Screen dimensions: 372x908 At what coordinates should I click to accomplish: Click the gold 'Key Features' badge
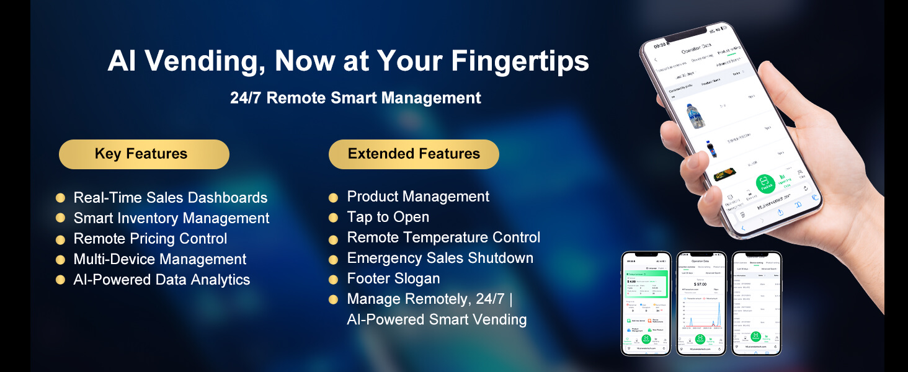[144, 154]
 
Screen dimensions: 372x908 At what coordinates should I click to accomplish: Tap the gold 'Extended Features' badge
[414, 154]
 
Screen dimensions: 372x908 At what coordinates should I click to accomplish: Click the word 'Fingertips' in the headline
[520, 61]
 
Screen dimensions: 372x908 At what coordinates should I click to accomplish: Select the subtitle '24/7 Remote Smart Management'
[355, 98]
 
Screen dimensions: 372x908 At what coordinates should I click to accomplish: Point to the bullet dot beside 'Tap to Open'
[333, 218]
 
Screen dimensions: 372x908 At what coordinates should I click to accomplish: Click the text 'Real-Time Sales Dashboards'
[171, 198]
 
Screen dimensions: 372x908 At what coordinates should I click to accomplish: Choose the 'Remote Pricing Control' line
[150, 239]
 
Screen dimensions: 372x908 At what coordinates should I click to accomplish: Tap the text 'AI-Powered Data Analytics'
[162, 280]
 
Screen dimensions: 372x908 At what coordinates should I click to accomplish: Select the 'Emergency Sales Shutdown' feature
[440, 258]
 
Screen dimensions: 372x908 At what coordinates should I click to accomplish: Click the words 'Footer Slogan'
[393, 278]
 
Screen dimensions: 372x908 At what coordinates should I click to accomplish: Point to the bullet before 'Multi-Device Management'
[60, 260]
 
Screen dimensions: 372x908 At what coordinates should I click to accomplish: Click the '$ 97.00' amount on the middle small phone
[700, 283]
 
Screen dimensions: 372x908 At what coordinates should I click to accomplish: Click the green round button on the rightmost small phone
[755, 337]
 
